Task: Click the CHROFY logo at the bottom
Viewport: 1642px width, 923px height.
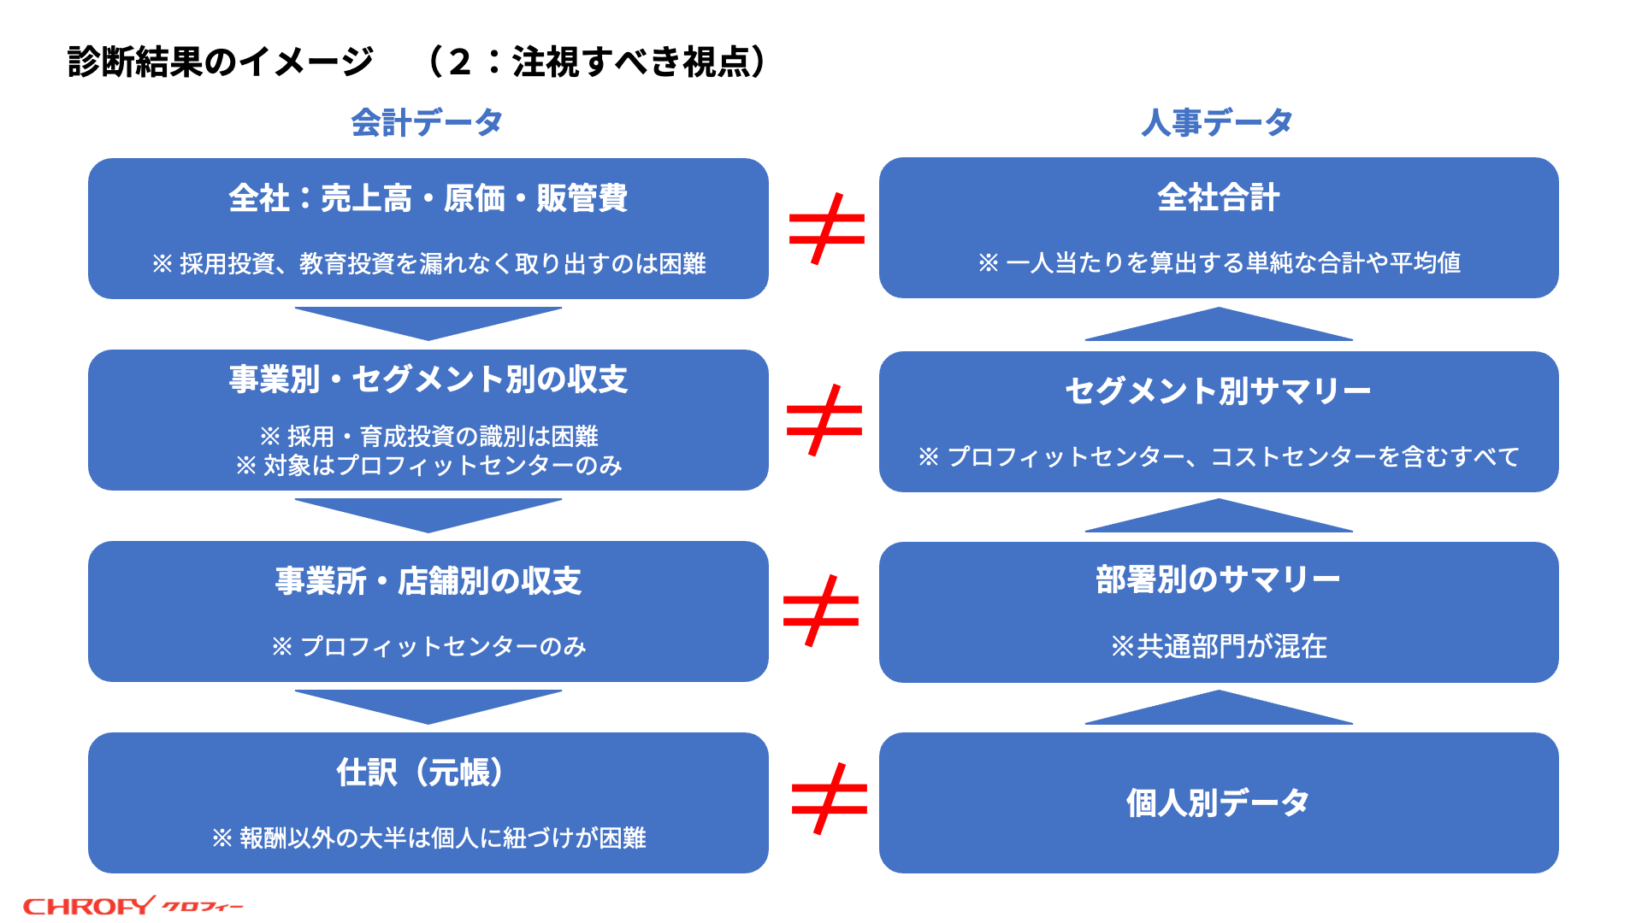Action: pos(133,905)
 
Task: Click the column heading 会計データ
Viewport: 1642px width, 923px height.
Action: pos(427,123)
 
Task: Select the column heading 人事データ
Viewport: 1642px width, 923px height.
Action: pos(1217,123)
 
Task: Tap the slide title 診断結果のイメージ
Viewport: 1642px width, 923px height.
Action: pos(221,62)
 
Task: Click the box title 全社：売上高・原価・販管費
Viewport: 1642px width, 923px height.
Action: pos(428,198)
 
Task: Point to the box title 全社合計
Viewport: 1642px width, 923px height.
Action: pos(1219,197)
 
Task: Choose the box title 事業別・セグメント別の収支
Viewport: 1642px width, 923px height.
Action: pos(428,379)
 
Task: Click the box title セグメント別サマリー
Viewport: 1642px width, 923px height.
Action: pos(1219,391)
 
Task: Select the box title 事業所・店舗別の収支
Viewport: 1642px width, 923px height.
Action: pos(428,581)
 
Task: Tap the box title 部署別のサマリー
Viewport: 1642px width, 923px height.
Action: pos(1219,579)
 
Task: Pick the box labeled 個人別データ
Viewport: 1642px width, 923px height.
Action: pos(1219,802)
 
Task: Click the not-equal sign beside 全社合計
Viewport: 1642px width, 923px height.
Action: pos(827,229)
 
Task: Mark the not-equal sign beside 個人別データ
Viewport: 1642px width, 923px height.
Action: pos(830,799)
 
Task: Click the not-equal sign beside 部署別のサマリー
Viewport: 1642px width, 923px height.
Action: pos(821,610)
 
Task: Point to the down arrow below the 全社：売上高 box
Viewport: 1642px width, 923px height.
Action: pos(428,321)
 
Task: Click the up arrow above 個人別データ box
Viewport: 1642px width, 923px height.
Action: pos(1219,709)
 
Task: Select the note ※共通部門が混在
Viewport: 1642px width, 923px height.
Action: pos(1219,646)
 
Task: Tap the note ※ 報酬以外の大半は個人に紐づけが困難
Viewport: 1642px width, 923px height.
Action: pos(428,838)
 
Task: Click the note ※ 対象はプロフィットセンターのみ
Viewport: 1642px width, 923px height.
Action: pos(428,465)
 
